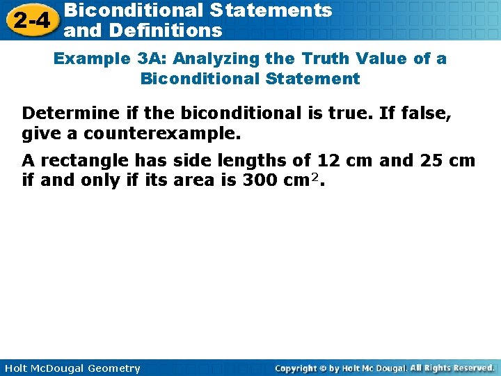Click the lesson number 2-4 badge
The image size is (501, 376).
pyautogui.click(x=31, y=20)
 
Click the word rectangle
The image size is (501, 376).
pyautogui.click(x=84, y=161)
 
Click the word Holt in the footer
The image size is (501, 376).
pyautogui.click(x=15, y=368)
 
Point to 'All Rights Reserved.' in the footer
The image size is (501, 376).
pyautogui.click(x=452, y=368)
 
